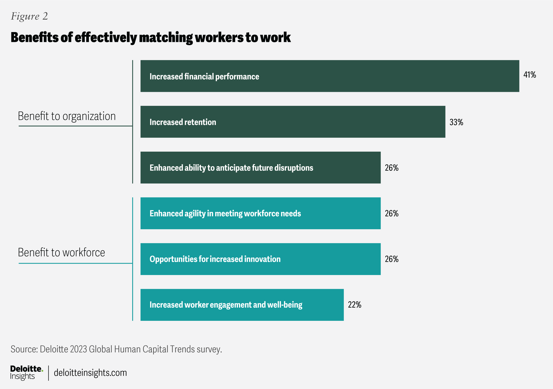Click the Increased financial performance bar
click(330, 76)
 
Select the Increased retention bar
click(293, 122)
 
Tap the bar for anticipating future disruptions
click(260, 168)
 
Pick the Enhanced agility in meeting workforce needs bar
click(260, 213)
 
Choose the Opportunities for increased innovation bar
click(260, 259)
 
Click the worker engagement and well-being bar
click(242, 305)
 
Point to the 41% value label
click(530, 75)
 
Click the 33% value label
click(456, 122)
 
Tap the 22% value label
click(354, 305)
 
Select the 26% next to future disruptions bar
click(392, 168)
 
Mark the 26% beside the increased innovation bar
click(392, 259)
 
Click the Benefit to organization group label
click(67, 116)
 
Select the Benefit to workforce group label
click(61, 253)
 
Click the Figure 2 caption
click(29, 16)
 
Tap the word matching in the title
click(166, 38)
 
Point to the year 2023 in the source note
click(79, 349)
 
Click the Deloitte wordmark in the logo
click(26, 369)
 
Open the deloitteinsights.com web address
click(90, 373)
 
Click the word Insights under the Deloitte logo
click(22, 377)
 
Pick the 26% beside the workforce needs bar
click(392, 213)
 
